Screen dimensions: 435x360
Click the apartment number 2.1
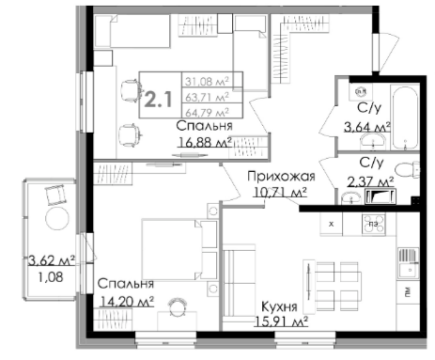pos(159,100)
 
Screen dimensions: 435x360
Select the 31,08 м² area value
pos(207,81)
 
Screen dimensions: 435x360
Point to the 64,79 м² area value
pos(207,112)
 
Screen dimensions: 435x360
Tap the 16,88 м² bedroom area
pos(205,142)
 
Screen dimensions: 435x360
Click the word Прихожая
pos(281,177)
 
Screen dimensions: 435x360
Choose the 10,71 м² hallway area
pos(280,192)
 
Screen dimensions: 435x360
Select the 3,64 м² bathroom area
pos(367,127)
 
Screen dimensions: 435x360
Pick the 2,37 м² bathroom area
pos(370,181)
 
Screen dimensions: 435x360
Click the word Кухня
pos(279,306)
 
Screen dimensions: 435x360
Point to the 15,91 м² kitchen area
pos(281,321)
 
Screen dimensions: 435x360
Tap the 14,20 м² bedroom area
pos(127,302)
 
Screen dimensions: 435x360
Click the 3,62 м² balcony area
pos(52,260)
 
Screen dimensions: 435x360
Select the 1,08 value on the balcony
pos(51,277)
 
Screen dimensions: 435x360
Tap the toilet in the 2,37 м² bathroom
pos(407,170)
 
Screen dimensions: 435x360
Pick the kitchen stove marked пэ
pos(374,224)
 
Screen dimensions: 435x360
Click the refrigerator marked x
pos(331,224)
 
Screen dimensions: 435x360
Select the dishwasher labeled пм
pos(408,292)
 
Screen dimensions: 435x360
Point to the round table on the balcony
pos(57,218)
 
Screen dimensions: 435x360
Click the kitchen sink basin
pos(409,270)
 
